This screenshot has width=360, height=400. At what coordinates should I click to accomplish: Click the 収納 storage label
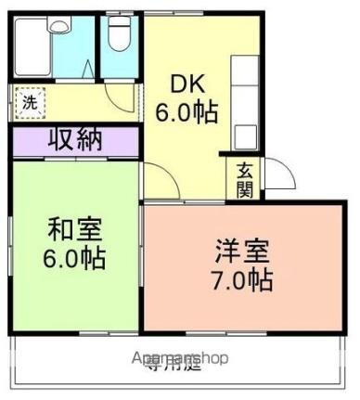coord(75,141)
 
